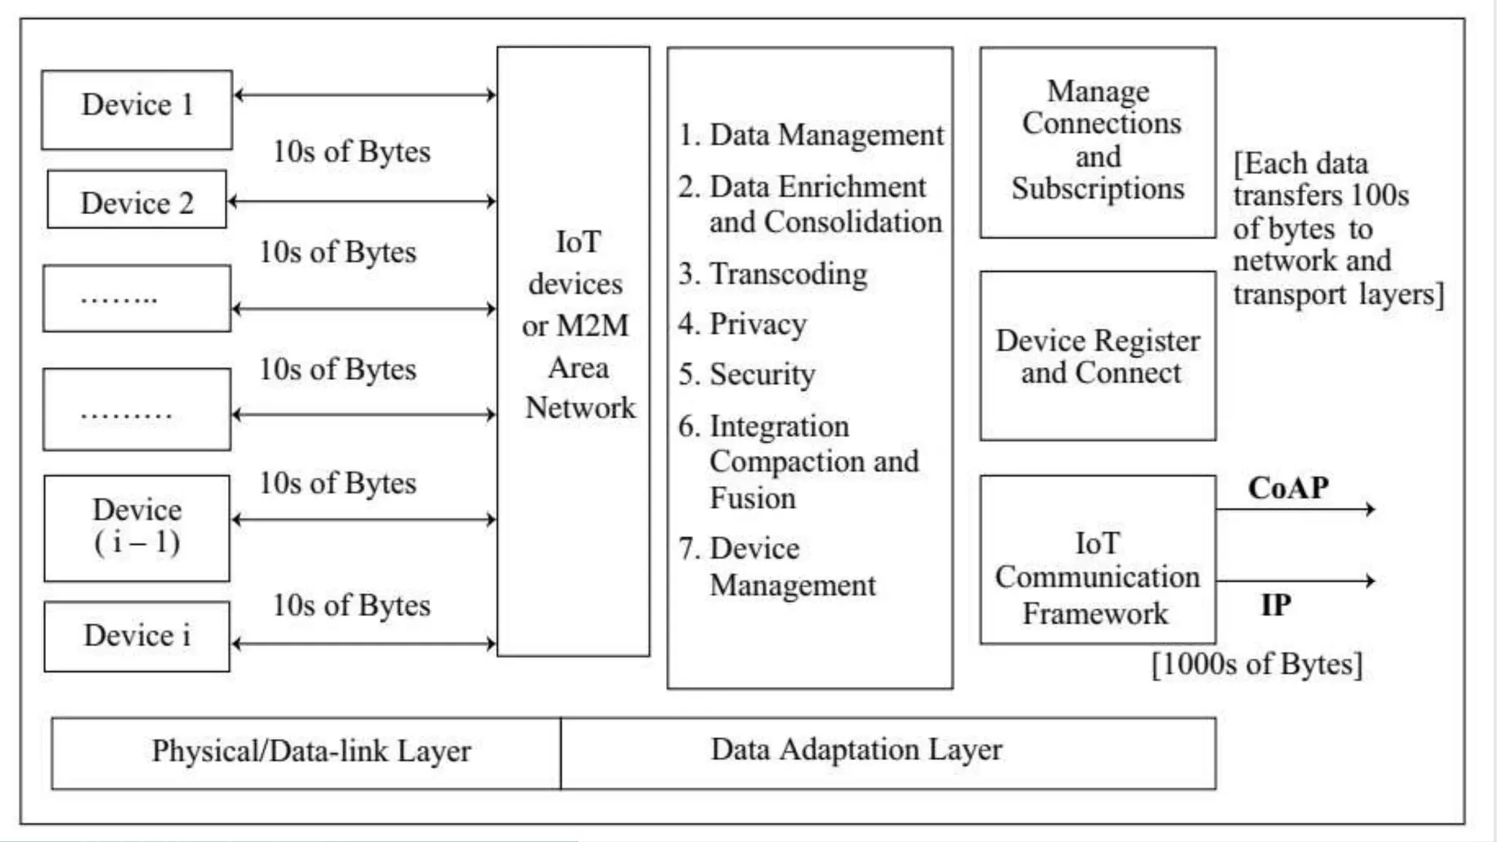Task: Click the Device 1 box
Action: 137,110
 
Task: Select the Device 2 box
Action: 137,200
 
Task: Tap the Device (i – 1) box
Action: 137,528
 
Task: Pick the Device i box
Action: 137,636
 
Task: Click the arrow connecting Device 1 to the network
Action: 364,94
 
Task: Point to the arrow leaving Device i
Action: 364,644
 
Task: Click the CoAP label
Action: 1288,488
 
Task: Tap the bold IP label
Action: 1276,605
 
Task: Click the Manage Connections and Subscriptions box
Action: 1097,142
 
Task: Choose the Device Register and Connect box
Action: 1097,356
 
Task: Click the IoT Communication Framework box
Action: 1097,578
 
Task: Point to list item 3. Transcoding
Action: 773,274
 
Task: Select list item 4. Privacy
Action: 743,324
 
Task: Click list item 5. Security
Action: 746,374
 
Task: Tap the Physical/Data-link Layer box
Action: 311,751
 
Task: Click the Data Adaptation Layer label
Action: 856,750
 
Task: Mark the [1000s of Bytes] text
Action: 1257,664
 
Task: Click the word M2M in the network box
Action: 591,326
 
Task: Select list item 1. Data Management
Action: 811,135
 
